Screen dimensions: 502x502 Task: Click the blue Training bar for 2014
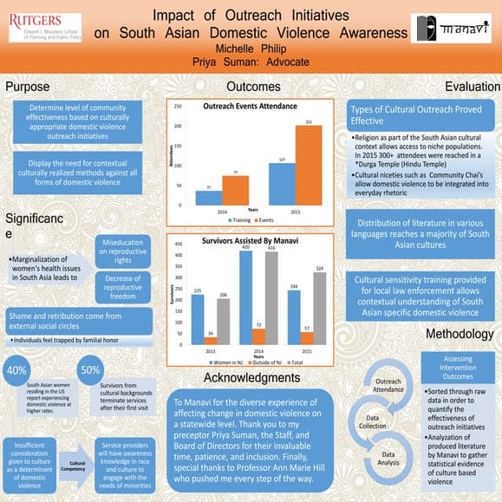[209, 198]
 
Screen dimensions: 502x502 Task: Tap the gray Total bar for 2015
[320, 309]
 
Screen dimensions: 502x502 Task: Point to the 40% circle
[16, 370]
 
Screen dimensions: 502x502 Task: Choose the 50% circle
[89, 370]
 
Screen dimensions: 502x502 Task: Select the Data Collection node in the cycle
[372, 422]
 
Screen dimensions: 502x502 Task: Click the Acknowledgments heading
[251, 378]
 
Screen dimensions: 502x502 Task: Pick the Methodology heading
[460, 335]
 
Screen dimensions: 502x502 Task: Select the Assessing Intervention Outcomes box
[458, 368]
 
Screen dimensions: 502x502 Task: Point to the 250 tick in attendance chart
[178, 107]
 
